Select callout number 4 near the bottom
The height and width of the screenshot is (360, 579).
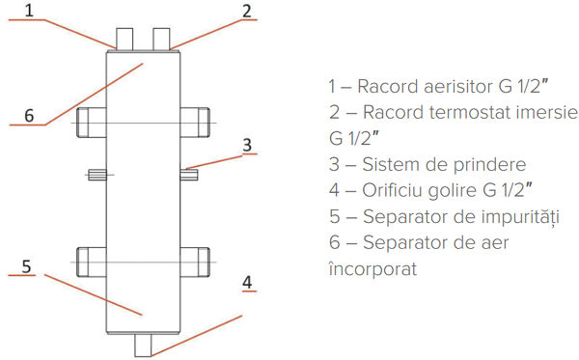[247, 283]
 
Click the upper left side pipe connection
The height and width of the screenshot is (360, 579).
[90, 122]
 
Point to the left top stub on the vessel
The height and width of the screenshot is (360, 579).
[124, 40]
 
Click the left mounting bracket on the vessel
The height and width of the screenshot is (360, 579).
[96, 175]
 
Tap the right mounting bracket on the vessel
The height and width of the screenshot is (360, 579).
[189, 175]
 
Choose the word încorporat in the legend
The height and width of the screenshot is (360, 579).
[372, 268]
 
